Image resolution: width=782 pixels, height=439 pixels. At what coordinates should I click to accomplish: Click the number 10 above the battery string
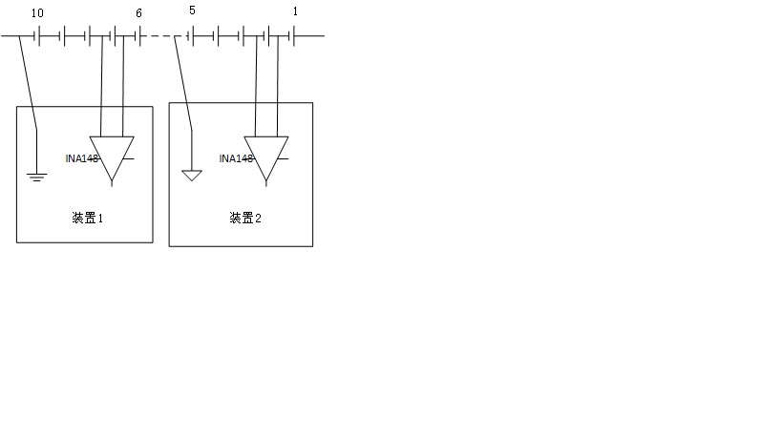pos(37,12)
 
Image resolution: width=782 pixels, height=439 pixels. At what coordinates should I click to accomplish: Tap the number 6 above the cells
pos(139,12)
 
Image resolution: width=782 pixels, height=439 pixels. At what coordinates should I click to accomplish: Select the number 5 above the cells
pos(192,11)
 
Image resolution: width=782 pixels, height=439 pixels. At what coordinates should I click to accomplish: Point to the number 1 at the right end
pos(295,11)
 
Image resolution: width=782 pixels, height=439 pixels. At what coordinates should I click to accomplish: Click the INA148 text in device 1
pos(83,158)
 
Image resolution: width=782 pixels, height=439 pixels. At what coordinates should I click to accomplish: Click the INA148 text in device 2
pos(236,158)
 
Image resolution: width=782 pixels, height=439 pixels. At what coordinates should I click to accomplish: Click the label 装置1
pos(87,218)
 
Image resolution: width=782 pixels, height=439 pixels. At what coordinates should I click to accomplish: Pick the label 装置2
pos(245,218)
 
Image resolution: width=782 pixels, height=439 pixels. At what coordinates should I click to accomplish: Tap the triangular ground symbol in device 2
pos(192,176)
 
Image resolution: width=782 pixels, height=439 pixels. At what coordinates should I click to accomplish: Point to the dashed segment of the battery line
pos(164,37)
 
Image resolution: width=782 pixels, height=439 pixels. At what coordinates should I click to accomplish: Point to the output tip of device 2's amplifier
pos(266,181)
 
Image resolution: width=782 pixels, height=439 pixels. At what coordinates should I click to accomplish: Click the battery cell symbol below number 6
pos(137,37)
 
